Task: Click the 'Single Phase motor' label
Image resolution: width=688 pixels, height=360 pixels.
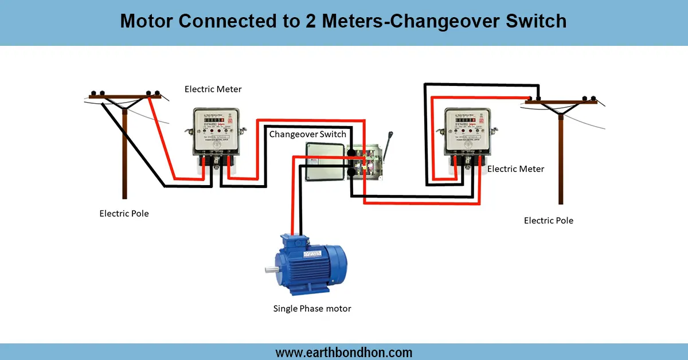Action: pyautogui.click(x=312, y=308)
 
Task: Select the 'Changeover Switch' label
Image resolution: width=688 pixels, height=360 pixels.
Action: pyautogui.click(x=308, y=134)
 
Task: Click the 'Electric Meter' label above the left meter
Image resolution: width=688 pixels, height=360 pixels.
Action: pyautogui.click(x=213, y=89)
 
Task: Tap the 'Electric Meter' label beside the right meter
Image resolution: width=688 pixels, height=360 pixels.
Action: pyautogui.click(x=515, y=169)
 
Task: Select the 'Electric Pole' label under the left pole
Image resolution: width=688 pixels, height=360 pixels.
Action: pyautogui.click(x=124, y=214)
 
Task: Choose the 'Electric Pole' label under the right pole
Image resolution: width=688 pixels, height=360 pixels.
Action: pyautogui.click(x=549, y=221)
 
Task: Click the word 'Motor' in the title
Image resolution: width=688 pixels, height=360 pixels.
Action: pyautogui.click(x=147, y=22)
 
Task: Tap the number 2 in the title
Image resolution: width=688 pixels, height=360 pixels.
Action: pyautogui.click(x=299, y=22)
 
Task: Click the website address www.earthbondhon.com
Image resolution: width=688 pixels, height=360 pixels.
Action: pyautogui.click(x=344, y=352)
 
